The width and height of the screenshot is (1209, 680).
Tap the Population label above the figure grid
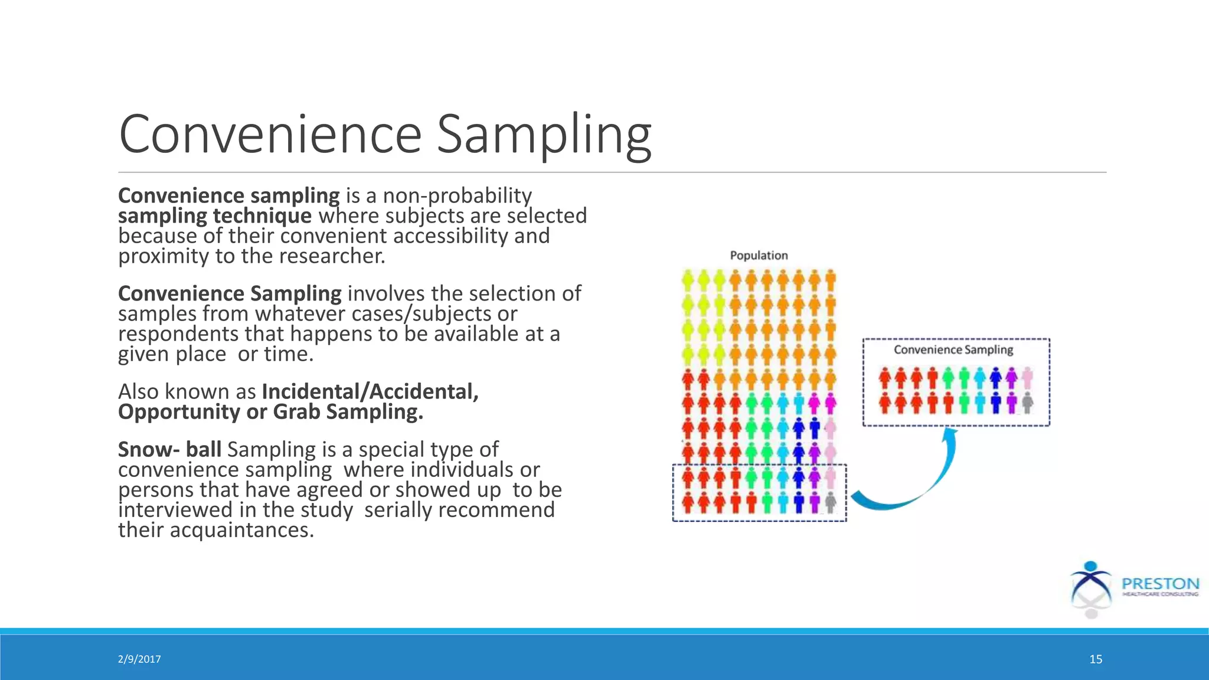click(x=759, y=256)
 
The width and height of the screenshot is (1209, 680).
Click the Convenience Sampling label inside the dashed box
click(x=953, y=349)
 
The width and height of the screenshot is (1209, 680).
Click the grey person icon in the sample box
click(x=1027, y=403)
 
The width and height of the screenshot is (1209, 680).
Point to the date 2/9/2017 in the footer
click(x=139, y=659)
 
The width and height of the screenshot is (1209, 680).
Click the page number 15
click(x=1096, y=659)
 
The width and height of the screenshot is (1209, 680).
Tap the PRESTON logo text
click(x=1160, y=584)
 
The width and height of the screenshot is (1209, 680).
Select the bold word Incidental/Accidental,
click(x=370, y=391)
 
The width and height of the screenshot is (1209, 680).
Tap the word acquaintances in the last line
click(x=241, y=530)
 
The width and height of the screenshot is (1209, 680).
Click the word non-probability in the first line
click(x=457, y=195)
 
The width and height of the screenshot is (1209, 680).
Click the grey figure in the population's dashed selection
click(x=831, y=503)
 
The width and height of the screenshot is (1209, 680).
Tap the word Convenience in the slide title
click(x=270, y=136)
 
